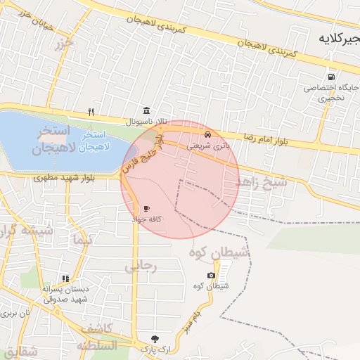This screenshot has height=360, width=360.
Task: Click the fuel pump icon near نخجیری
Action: pyautogui.click(x=330, y=77)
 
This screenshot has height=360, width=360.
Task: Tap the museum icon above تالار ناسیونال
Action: pyautogui.click(x=146, y=110)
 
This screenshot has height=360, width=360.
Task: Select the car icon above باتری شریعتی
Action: pyautogui.click(x=207, y=134)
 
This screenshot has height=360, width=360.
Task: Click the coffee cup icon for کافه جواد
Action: pyautogui.click(x=146, y=208)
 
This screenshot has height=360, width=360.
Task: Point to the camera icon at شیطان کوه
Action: pyautogui.click(x=211, y=275)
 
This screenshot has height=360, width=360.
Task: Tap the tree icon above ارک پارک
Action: pyautogui.click(x=155, y=338)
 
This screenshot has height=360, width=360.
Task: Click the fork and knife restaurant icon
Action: pyautogui.click(x=91, y=112)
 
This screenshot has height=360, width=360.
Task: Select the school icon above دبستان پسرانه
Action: pyautogui.click(x=65, y=278)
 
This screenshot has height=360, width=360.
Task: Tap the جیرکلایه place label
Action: pyautogui.click(x=337, y=37)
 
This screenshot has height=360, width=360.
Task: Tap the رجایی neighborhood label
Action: pyautogui.click(x=139, y=266)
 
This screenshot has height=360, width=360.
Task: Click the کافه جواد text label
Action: pyautogui.click(x=146, y=219)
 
